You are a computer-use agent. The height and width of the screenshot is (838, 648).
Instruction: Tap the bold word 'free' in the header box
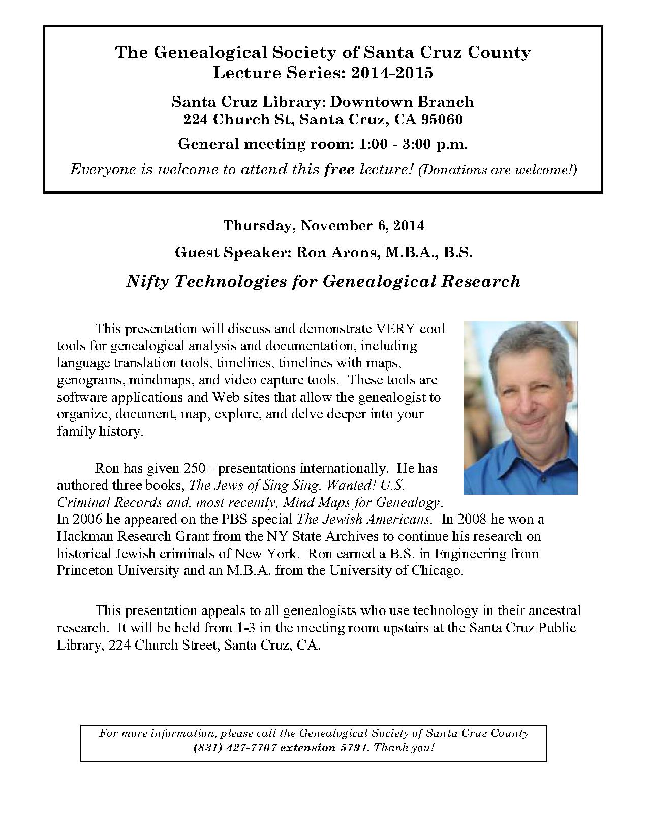click(339, 169)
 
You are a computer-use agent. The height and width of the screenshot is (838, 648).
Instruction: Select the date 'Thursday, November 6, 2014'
click(323, 225)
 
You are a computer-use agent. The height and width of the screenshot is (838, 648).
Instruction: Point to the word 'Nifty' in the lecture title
click(147, 281)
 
